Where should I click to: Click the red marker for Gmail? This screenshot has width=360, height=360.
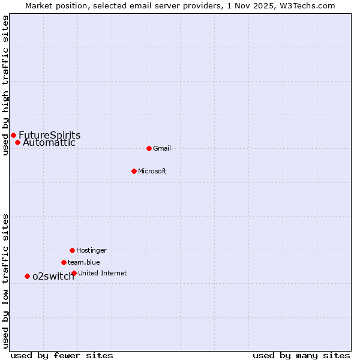point(149,148)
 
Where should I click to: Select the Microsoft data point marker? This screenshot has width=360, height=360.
point(134,171)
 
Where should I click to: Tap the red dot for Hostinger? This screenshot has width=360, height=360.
point(72,250)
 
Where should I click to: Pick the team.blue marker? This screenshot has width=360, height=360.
point(64,262)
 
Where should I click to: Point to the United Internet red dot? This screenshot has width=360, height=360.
point(74,273)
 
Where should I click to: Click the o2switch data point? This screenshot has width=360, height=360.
point(27,276)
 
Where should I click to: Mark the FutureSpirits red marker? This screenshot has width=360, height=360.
point(13,135)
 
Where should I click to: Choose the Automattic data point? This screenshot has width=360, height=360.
point(17,142)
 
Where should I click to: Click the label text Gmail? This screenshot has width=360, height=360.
point(162,148)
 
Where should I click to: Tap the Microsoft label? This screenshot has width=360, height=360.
point(152,171)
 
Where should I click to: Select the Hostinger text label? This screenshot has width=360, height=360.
point(91,250)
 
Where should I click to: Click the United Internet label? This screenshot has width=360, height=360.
point(103,273)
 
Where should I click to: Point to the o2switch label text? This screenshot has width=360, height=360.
point(53,276)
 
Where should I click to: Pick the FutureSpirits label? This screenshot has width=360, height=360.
point(50,135)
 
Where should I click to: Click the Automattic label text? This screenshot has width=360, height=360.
point(49,143)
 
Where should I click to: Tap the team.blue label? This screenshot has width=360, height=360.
point(84,262)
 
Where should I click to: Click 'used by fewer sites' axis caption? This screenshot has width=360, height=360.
point(62,355)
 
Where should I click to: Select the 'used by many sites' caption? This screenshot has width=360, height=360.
point(301,355)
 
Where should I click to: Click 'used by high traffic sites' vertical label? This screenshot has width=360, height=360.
point(6,85)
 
